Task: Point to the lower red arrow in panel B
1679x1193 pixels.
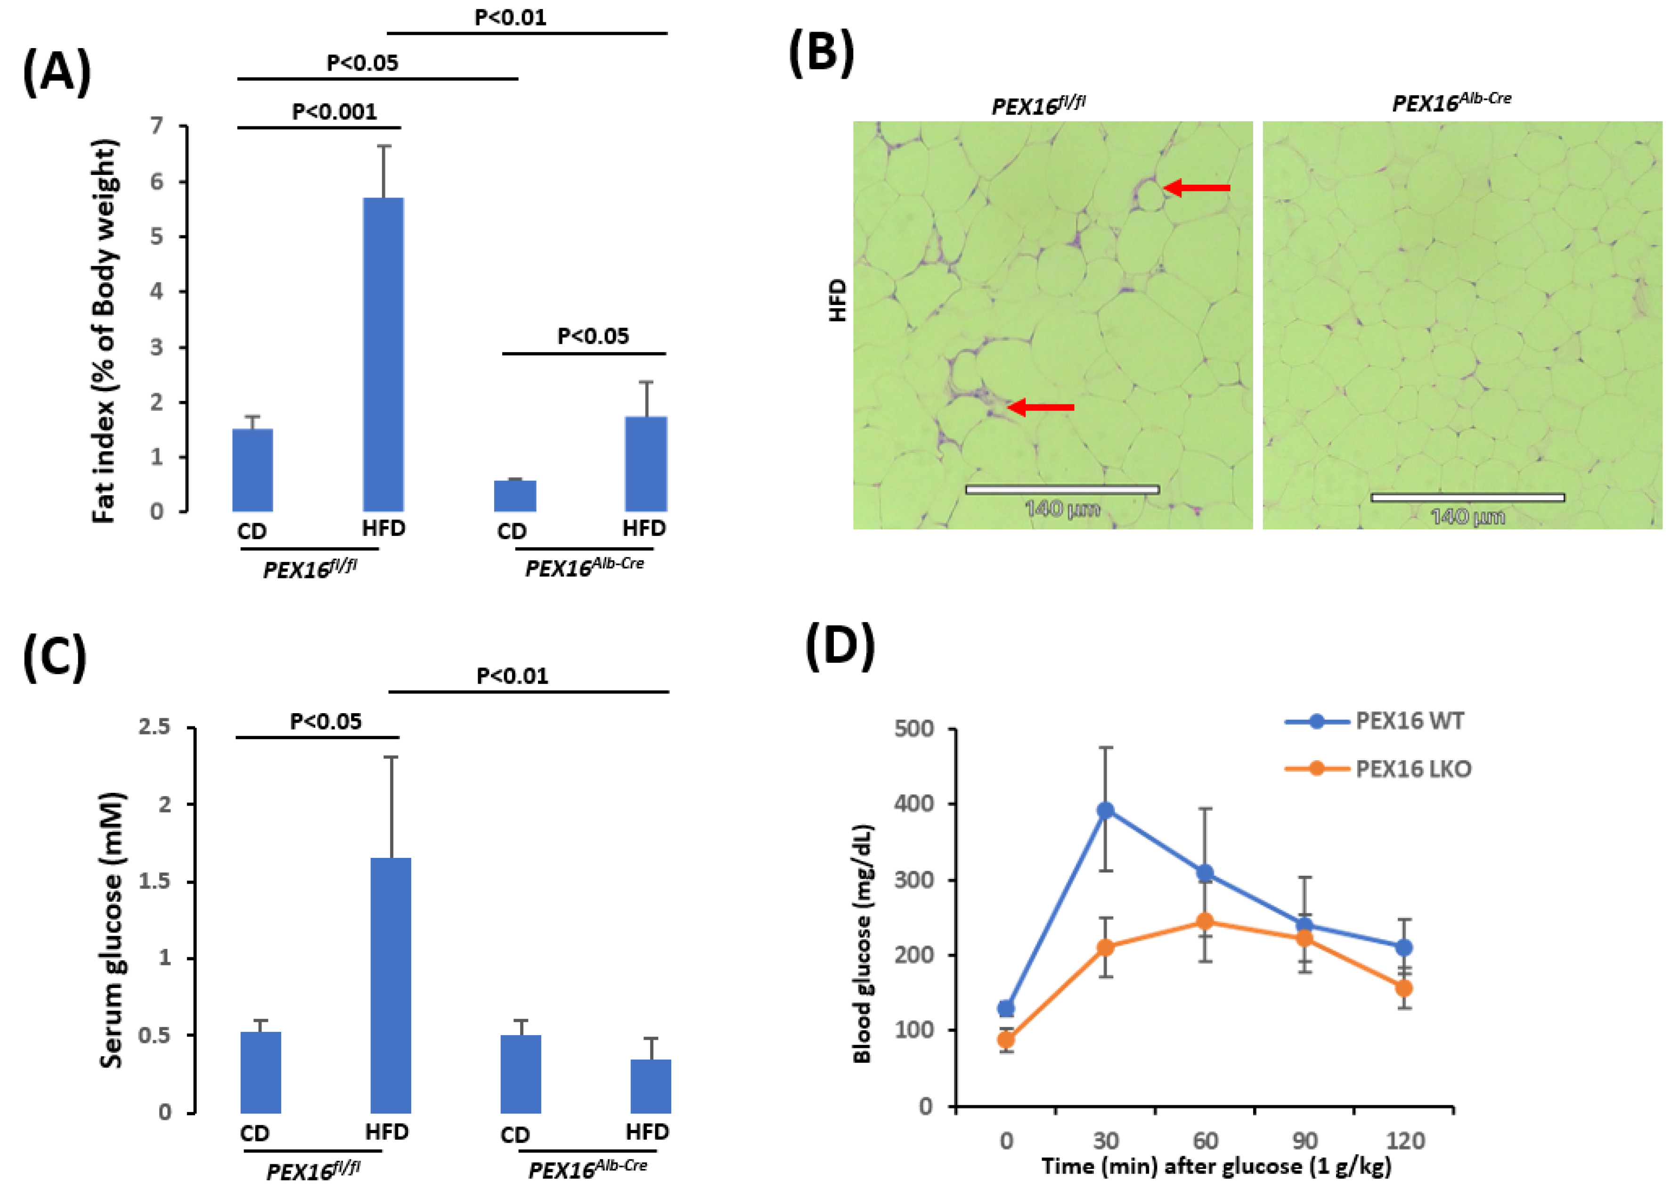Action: (x=1041, y=407)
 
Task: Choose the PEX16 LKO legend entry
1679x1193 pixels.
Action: (x=1412, y=769)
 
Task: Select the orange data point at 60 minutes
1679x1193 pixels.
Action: (x=1205, y=921)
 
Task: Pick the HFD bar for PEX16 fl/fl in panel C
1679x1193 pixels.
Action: (x=391, y=984)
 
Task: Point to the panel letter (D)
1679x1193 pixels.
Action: (x=840, y=646)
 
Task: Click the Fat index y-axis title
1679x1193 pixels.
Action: (x=105, y=330)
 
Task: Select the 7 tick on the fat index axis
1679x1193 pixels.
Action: (x=157, y=126)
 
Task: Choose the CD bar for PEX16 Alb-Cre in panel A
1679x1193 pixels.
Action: (x=514, y=496)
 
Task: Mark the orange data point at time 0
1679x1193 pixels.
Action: (x=1006, y=1039)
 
